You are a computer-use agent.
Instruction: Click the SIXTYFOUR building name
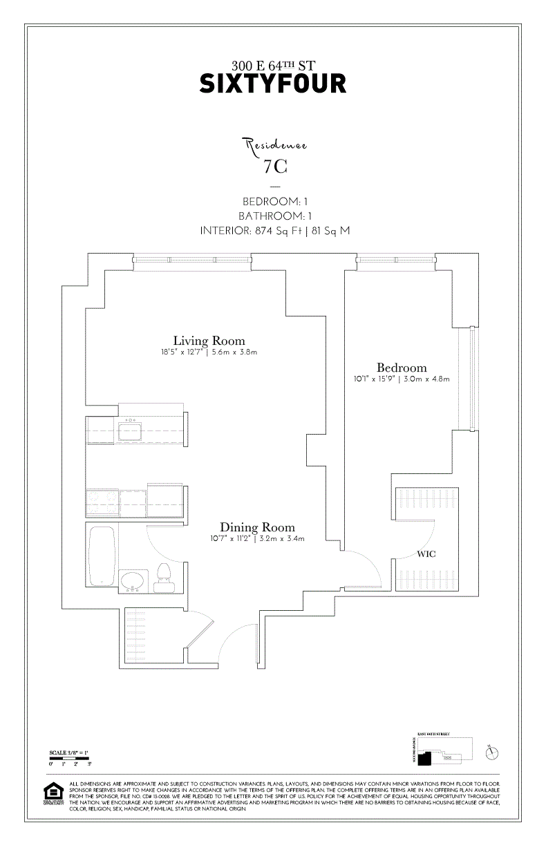click(x=272, y=84)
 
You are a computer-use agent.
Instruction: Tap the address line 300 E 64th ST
click(x=272, y=66)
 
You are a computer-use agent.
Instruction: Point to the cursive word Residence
click(x=274, y=145)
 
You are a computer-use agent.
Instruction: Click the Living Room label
click(x=209, y=341)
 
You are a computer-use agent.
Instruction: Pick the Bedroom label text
click(x=401, y=368)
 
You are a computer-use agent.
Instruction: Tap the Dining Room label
click(x=257, y=527)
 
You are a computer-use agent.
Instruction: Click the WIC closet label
click(x=426, y=554)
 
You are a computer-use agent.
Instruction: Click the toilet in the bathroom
click(x=164, y=578)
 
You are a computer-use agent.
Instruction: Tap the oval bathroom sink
click(x=132, y=580)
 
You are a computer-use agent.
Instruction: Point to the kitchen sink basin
click(x=130, y=430)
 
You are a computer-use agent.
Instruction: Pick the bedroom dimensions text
click(x=401, y=379)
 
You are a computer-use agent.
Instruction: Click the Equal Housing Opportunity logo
click(x=53, y=793)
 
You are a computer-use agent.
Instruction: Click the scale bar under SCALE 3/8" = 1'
click(x=69, y=759)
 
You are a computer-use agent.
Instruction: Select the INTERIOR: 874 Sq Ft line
click(x=274, y=231)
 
